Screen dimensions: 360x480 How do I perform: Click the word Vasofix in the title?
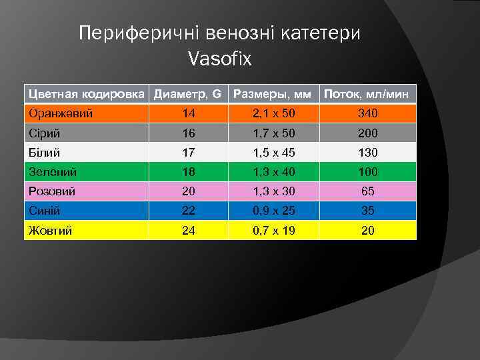pyautogui.click(x=220, y=59)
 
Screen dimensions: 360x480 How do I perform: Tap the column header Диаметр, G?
pyautogui.click(x=187, y=95)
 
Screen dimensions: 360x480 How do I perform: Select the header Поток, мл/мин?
pyautogui.click(x=368, y=95)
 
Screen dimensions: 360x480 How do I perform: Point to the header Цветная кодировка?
pyautogui.click(x=87, y=95)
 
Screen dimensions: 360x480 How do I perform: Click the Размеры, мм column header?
pyautogui.click(x=273, y=95)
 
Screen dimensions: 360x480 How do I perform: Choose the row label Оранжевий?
pyautogui.click(x=61, y=114)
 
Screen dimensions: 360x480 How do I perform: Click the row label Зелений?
pyautogui.click(x=53, y=172)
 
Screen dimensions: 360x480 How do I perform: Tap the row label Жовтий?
pyautogui.click(x=51, y=231)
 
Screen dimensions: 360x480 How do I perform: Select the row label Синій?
pyautogui.click(x=45, y=211)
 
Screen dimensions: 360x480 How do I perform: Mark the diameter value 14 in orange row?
pyautogui.click(x=190, y=114)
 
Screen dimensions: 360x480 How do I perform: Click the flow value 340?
pyautogui.click(x=368, y=114)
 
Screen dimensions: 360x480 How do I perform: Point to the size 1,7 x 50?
pyautogui.click(x=274, y=133)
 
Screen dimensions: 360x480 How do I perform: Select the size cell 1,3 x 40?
pyautogui.click(x=274, y=172)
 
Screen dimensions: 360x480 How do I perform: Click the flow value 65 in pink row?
pyautogui.click(x=368, y=191)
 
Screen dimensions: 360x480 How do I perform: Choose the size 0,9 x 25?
pyautogui.click(x=274, y=211)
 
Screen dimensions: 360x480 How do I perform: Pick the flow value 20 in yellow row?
pyautogui.click(x=368, y=231)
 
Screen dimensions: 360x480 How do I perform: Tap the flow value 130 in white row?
pyautogui.click(x=368, y=153)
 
